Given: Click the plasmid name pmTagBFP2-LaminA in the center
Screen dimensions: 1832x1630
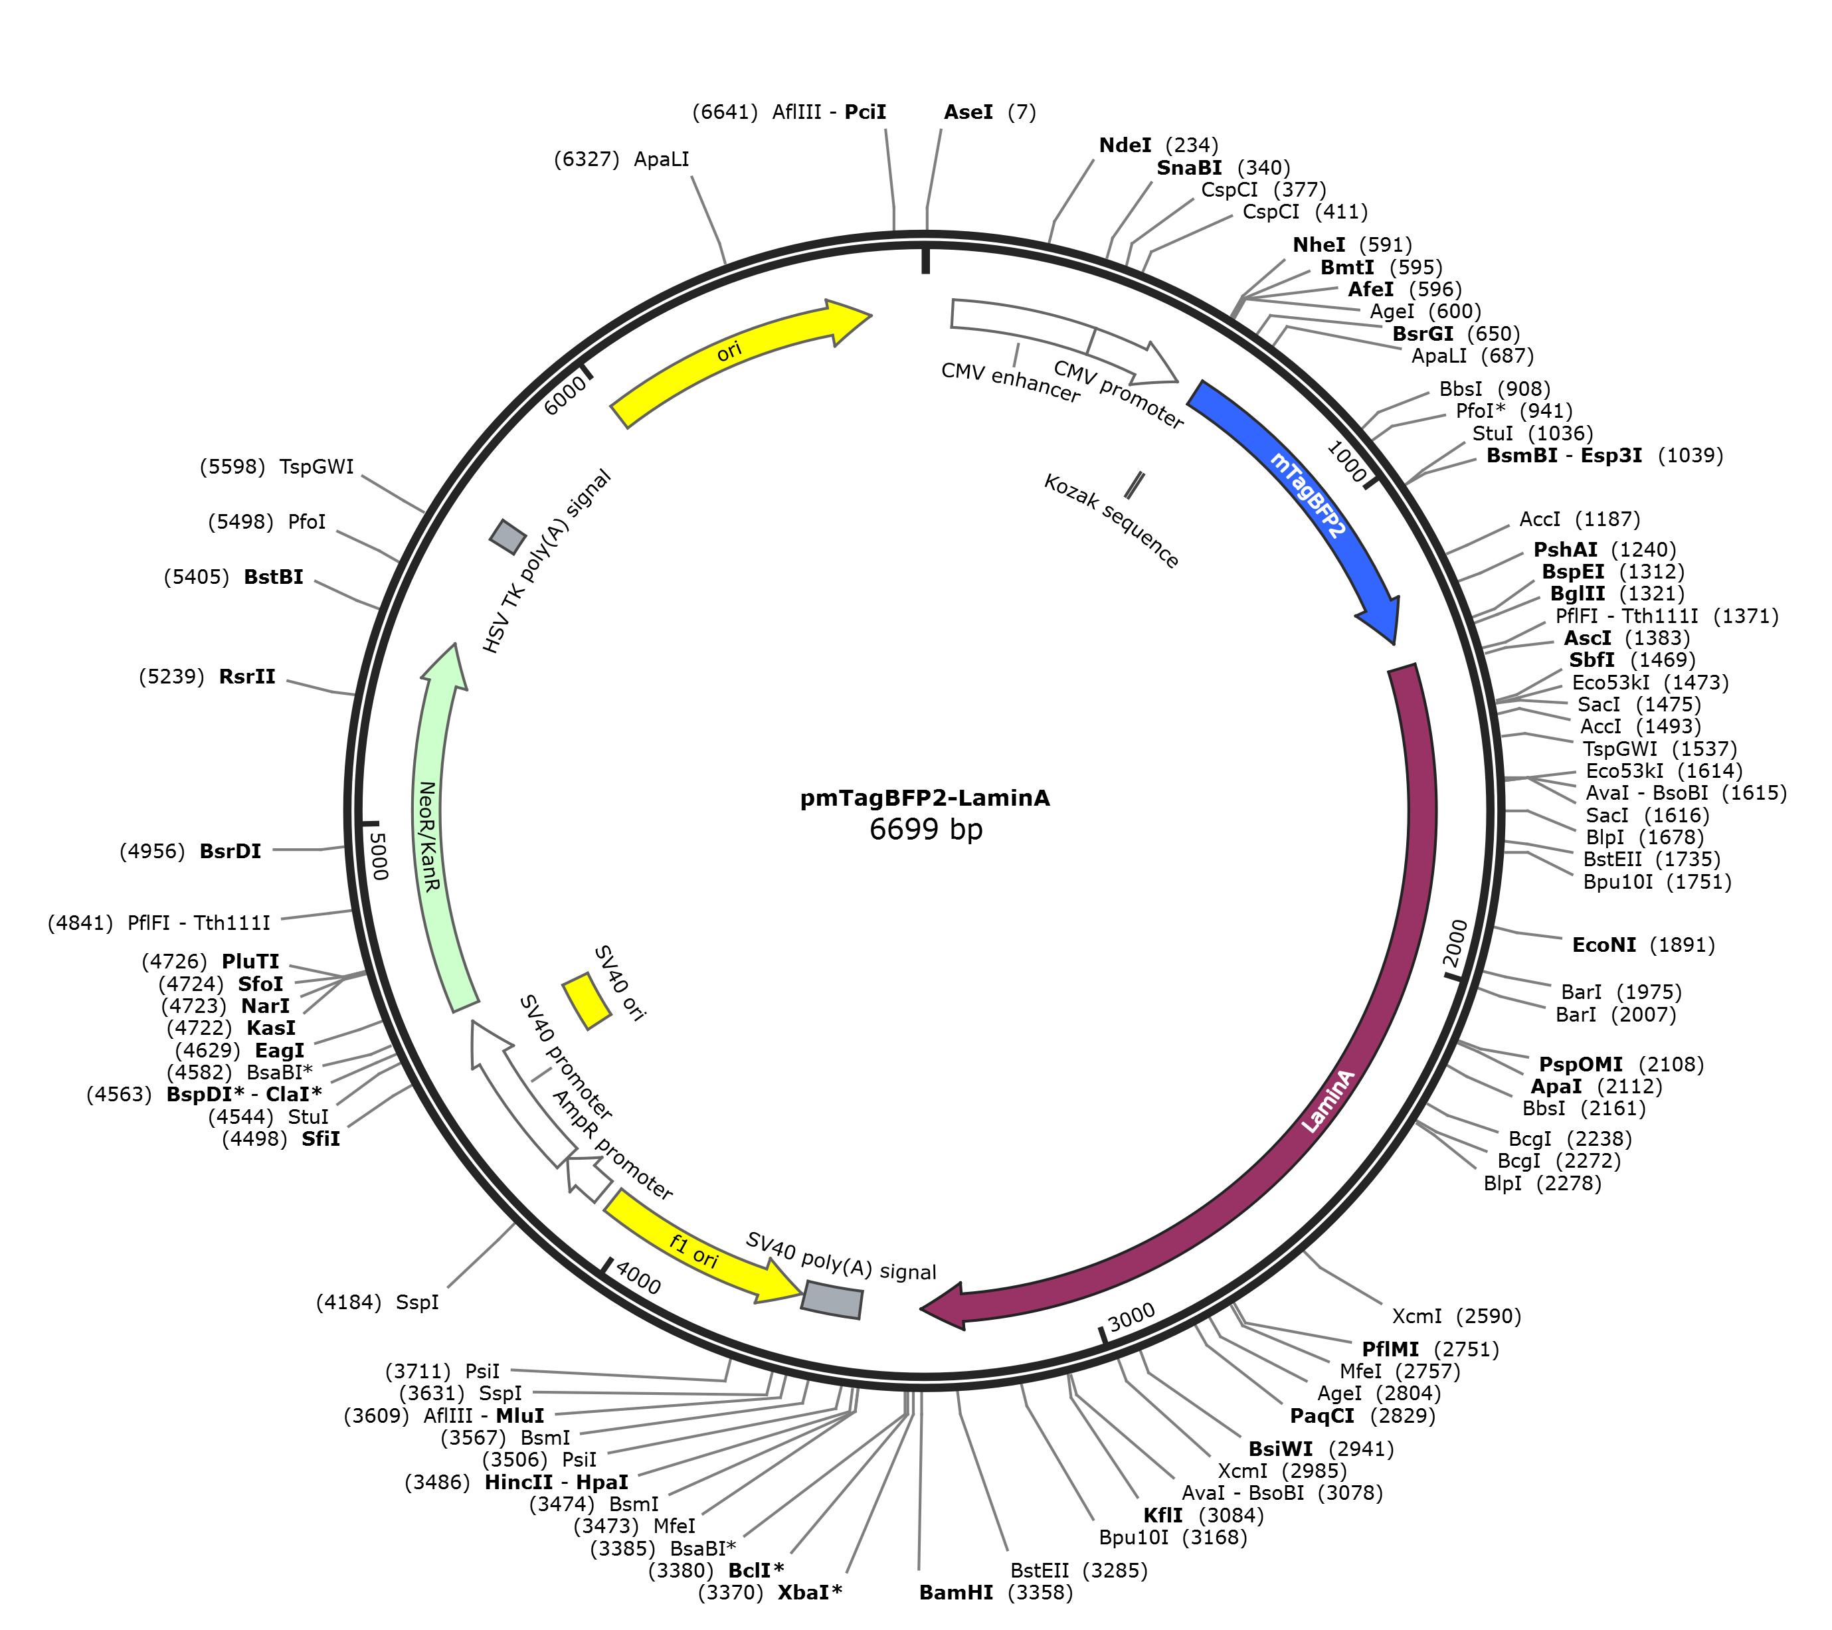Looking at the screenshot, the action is click(925, 798).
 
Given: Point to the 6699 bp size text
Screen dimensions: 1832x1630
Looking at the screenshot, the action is click(926, 829).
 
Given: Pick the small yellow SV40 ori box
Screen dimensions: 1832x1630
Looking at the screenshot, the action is click(586, 1001).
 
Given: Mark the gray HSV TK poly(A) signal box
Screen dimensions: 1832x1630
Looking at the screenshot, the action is click(507, 536).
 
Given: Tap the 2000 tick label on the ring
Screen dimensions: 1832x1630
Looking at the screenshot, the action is click(1455, 943).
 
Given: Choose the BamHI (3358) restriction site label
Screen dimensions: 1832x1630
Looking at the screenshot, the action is click(996, 1592).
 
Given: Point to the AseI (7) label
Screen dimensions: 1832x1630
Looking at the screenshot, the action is click(990, 112).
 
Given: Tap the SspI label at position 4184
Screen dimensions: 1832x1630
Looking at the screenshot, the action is click(377, 1302).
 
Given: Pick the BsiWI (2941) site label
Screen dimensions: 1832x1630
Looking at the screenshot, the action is click(1321, 1449).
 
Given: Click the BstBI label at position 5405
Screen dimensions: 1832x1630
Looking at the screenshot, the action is click(233, 576).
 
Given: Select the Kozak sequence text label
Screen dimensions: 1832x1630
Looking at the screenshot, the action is click(1111, 521).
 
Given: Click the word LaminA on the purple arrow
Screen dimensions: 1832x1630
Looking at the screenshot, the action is click(1328, 1101).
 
